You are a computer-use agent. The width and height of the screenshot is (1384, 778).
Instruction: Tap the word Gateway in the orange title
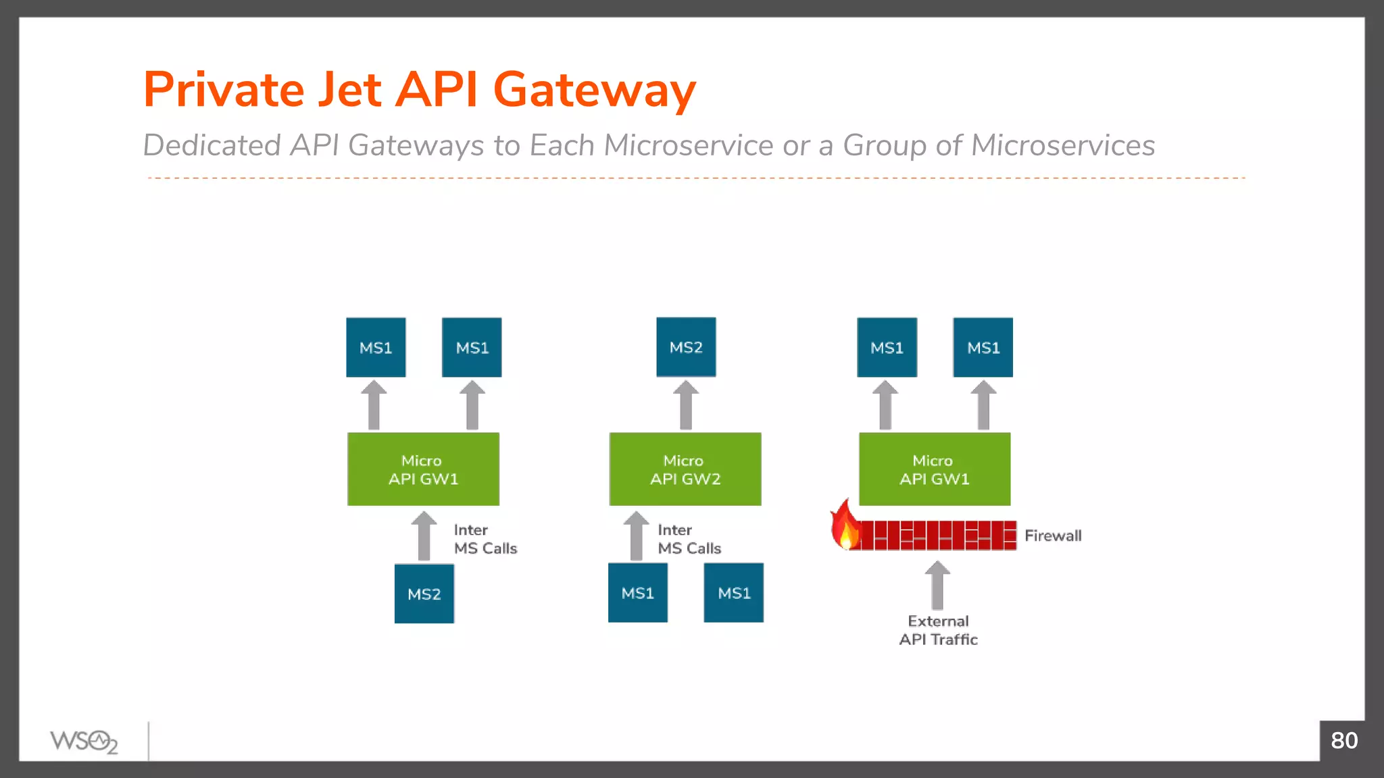[x=594, y=90]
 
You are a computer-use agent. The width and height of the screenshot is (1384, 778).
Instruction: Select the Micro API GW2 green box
[x=685, y=469]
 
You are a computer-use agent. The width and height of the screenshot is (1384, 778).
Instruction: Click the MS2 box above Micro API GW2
[x=685, y=347]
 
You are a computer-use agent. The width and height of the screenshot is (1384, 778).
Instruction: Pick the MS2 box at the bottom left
[x=424, y=594]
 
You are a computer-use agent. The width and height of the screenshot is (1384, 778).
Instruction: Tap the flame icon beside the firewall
[x=844, y=527]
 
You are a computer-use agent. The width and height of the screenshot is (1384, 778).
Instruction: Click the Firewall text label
[x=1052, y=536]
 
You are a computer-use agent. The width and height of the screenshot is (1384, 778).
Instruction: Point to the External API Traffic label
[x=938, y=630]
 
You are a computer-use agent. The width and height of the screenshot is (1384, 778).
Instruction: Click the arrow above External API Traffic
[x=937, y=586]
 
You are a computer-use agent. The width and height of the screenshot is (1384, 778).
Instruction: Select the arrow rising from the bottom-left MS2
[x=424, y=536]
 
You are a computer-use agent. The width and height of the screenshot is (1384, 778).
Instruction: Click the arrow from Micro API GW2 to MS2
[x=685, y=405]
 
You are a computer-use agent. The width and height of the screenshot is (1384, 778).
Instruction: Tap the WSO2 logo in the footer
[x=84, y=742]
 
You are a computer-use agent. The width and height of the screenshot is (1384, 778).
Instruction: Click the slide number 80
[x=1343, y=741]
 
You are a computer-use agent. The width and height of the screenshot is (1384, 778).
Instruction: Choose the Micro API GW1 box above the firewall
[x=934, y=469]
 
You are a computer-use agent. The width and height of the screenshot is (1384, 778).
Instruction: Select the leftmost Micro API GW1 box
[x=423, y=469]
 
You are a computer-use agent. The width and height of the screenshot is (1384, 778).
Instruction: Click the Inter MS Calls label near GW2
[x=689, y=539]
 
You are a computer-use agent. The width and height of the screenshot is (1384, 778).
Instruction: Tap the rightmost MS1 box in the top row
[x=983, y=347]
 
